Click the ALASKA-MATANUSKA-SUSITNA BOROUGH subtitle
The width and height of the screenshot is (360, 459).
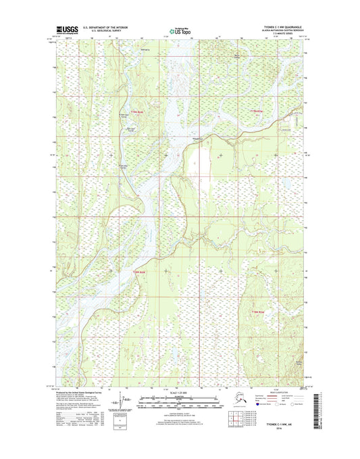[x=279, y=32]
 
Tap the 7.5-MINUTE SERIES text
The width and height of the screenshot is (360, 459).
[x=279, y=35]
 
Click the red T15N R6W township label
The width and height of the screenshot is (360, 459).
[x=137, y=111]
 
